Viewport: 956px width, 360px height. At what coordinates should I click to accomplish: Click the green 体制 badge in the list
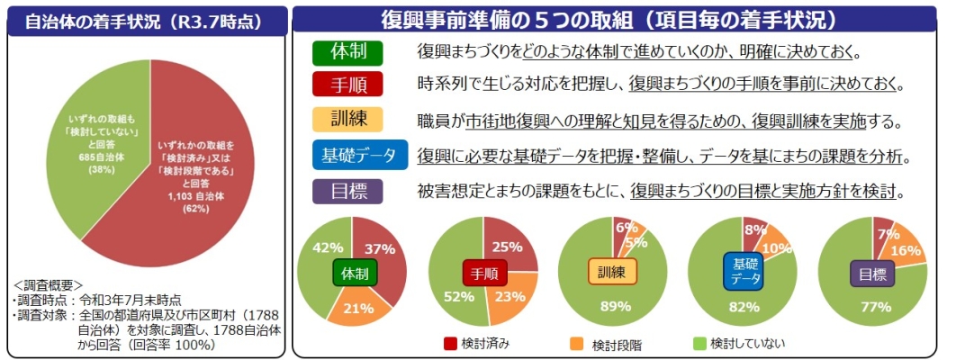(347, 51)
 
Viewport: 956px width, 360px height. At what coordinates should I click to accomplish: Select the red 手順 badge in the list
(347, 85)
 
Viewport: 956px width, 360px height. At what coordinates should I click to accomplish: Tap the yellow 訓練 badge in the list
(347, 119)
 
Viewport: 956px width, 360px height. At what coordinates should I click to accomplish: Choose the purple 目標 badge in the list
(347, 191)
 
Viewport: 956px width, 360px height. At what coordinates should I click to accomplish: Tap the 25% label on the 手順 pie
(508, 246)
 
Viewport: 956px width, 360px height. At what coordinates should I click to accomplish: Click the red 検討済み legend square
(451, 343)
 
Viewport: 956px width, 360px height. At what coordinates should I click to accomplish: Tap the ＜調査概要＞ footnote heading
(50, 286)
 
